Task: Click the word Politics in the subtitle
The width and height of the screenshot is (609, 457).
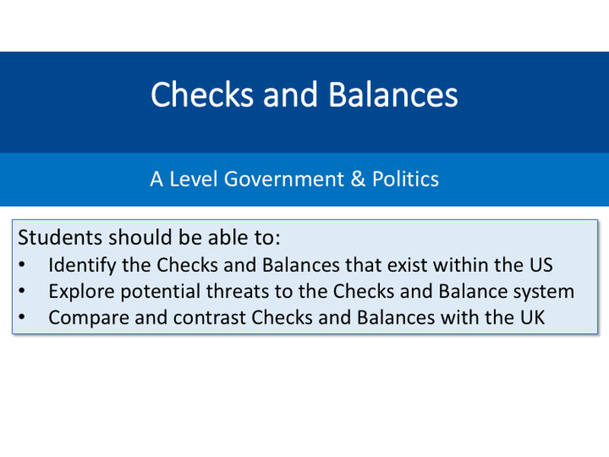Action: coord(405,180)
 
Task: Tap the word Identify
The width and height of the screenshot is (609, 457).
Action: coord(76,265)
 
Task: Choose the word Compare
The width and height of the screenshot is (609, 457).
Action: coord(81,317)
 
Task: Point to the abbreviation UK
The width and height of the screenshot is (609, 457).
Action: coord(531,317)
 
